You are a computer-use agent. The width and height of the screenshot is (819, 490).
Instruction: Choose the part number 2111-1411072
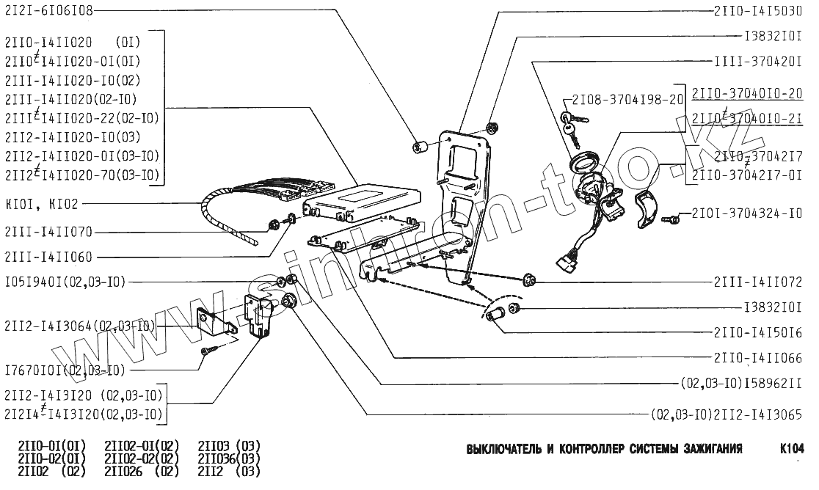tap(756, 282)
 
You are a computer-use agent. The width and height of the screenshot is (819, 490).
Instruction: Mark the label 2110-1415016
tap(756, 332)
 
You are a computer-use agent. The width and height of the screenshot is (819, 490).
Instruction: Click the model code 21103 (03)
tap(229, 446)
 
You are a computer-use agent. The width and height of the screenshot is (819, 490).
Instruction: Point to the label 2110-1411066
tap(756, 357)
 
